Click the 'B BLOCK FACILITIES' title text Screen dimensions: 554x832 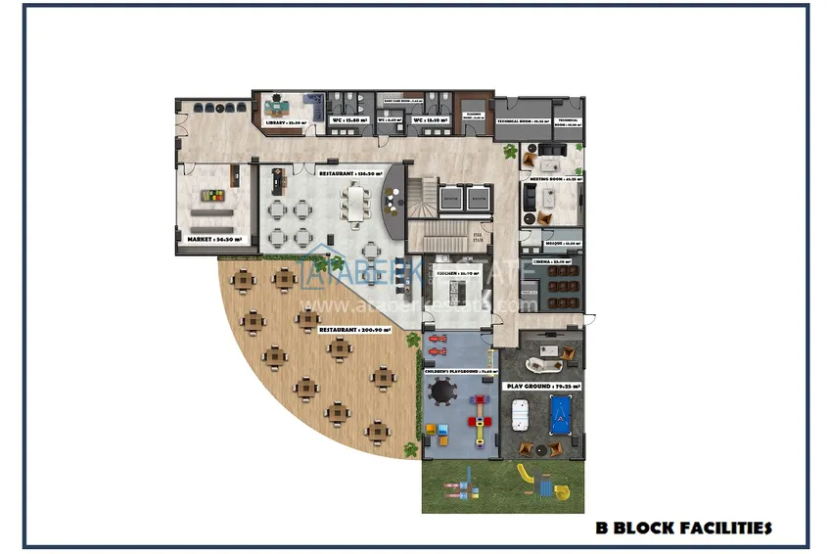click(x=684, y=529)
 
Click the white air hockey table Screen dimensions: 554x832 click(x=521, y=415)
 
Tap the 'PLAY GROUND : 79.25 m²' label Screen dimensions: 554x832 click(x=542, y=387)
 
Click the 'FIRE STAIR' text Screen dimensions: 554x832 click(x=479, y=236)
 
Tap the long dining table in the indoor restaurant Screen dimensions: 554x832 click(x=352, y=207)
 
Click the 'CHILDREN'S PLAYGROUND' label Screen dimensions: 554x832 click(x=457, y=372)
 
